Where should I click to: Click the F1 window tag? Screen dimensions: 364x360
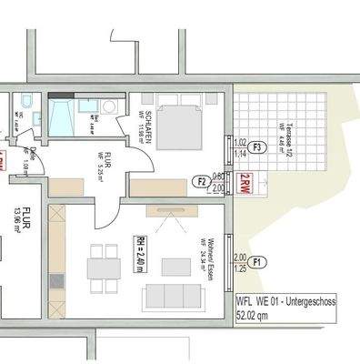pos(260,262)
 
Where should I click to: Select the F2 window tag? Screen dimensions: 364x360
pos(203,182)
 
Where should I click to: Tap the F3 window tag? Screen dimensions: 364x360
pos(257,147)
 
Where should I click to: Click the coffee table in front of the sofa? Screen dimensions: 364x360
pos(175,267)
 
